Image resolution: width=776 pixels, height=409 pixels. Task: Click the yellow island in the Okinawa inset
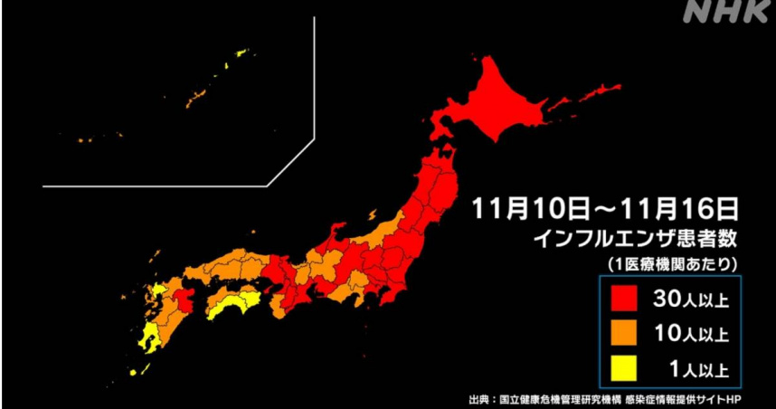point(239,54)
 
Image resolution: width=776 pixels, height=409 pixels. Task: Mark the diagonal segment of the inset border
point(290,163)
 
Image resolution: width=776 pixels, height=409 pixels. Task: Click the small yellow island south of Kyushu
point(134,371)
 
